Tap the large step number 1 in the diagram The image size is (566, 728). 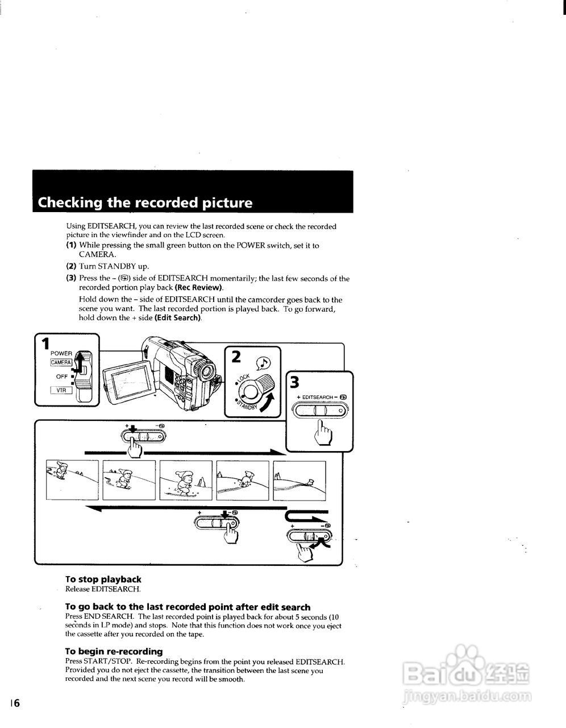pyautogui.click(x=45, y=344)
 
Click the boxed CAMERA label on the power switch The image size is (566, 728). pyautogui.click(x=61, y=362)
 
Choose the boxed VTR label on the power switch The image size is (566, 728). pyautogui.click(x=61, y=390)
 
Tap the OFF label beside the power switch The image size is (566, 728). pyautogui.click(x=62, y=377)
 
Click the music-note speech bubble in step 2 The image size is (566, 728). pyautogui.click(x=264, y=362)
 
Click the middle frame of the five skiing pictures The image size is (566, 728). pyautogui.click(x=186, y=479)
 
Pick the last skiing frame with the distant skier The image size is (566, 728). pyautogui.click(x=299, y=479)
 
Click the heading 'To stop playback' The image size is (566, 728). pyautogui.click(x=103, y=580)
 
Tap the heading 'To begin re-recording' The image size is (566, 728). pyautogui.click(x=114, y=651)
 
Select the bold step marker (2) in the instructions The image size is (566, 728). pyautogui.click(x=71, y=266)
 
